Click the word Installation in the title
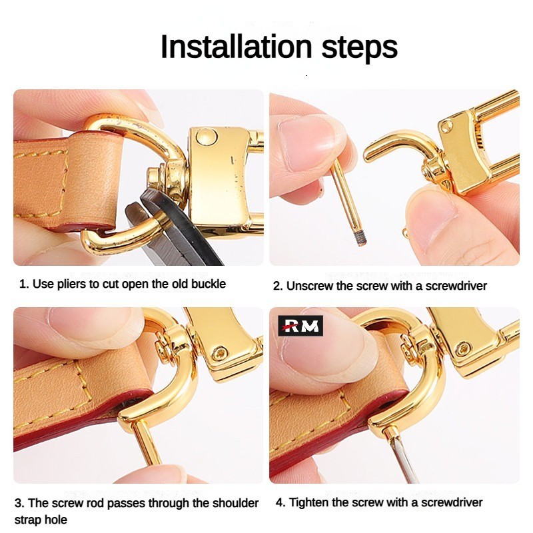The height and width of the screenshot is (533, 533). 236,47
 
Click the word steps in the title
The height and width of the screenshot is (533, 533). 359,48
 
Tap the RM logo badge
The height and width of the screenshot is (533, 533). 300,325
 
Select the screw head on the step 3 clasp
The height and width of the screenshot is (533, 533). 220,353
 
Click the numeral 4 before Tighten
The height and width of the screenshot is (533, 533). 279,502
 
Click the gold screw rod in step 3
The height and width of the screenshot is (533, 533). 147,441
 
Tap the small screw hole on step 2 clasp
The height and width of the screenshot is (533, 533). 446,127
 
